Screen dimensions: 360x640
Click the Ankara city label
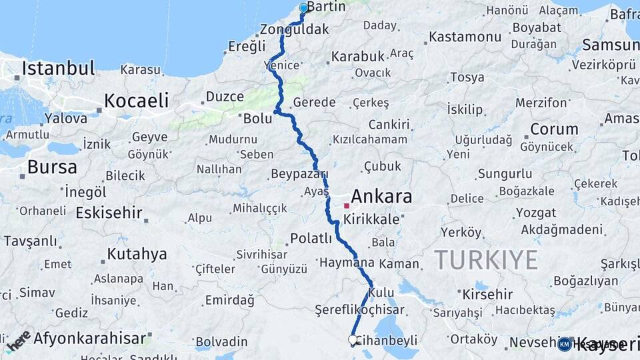click(x=381, y=197)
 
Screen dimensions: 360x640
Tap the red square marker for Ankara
click(x=347, y=206)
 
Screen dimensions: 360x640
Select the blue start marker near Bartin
click(x=304, y=8)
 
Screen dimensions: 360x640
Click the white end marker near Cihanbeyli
click(x=353, y=340)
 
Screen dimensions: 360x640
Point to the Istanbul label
click(x=58, y=68)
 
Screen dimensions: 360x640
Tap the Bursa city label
click(x=52, y=167)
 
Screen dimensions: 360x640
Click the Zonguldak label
click(x=295, y=29)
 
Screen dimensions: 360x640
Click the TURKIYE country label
click(x=486, y=259)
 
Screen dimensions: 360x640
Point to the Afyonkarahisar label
click(x=89, y=338)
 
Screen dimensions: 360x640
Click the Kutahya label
click(x=137, y=254)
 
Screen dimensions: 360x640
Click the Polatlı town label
click(x=311, y=239)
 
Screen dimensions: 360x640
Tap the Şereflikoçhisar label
click(x=359, y=310)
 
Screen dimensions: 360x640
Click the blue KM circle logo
click(x=564, y=344)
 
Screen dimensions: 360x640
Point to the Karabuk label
click(x=358, y=56)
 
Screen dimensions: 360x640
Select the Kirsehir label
click(x=487, y=294)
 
